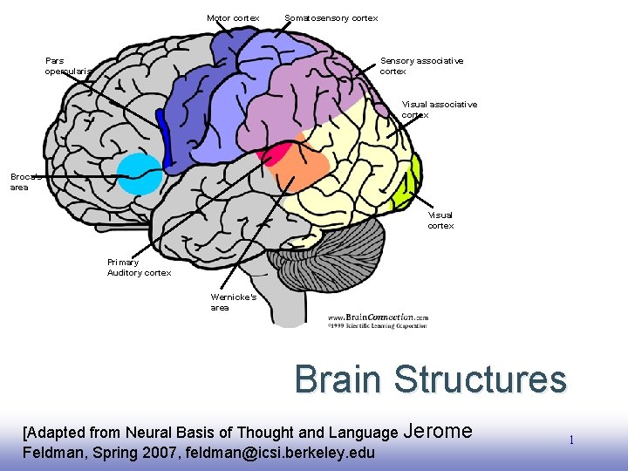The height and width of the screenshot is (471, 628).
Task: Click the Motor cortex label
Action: pos(233,17)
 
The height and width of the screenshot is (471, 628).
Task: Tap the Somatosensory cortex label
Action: pos(331,17)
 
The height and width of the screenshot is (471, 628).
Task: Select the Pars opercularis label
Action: pos(67,65)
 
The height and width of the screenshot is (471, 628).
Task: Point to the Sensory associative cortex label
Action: pos(421,65)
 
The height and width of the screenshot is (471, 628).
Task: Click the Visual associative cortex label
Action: pos(440,109)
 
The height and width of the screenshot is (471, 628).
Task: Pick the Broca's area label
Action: pos(20,181)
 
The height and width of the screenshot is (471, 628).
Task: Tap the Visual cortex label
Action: pos(440,220)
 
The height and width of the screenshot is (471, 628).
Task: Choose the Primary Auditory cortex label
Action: pos(139,267)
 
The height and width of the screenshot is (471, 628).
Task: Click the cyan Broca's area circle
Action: pos(140,174)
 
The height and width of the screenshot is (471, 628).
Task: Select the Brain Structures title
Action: pos(430,379)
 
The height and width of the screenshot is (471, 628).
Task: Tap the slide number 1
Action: pos(571,440)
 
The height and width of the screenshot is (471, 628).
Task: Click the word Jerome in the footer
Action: pos(439,430)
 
